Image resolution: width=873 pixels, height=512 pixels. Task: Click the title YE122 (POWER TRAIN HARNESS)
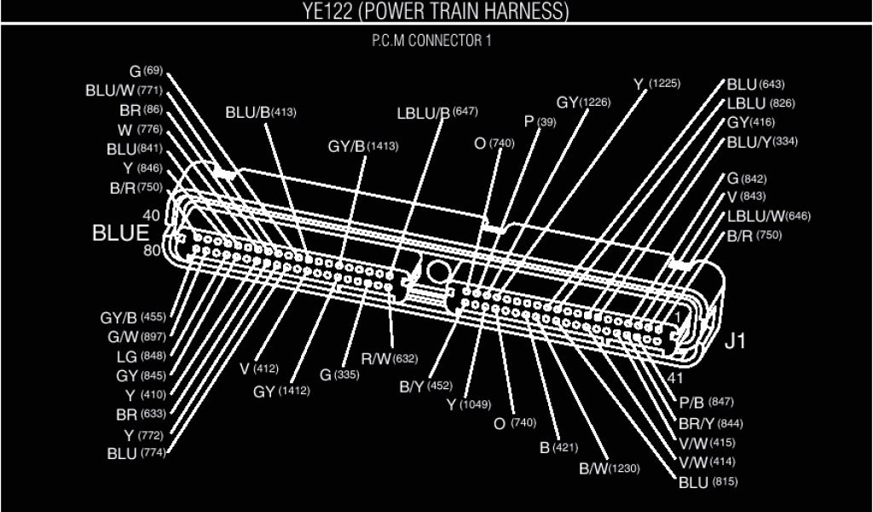point(436,11)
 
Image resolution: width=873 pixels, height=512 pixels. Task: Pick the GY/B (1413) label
point(362,146)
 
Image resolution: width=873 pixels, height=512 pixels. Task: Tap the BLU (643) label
point(755,84)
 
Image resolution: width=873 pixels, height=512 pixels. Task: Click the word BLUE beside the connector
point(120,233)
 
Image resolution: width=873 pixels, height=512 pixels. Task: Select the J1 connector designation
point(735,342)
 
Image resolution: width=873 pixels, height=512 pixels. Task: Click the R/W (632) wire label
point(389,358)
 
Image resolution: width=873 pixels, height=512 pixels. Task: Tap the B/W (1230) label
point(609,468)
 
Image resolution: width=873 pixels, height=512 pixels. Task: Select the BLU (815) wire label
point(707,482)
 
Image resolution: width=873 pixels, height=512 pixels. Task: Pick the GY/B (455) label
point(132,317)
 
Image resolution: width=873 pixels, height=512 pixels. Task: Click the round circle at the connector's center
point(436,271)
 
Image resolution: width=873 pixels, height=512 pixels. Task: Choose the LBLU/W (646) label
point(768,216)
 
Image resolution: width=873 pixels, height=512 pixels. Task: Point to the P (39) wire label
point(541,122)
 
